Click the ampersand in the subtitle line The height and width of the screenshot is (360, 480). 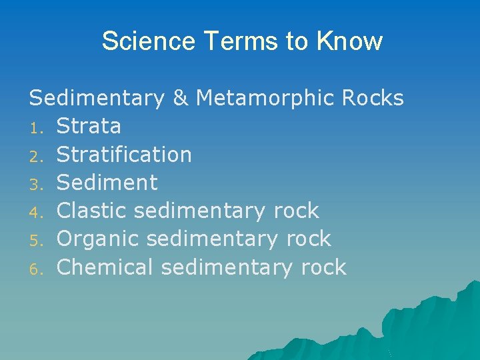coord(180,98)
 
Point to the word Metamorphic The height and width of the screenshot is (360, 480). coord(265,98)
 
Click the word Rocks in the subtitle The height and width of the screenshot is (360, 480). coord(373,98)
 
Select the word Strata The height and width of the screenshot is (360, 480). coord(89,126)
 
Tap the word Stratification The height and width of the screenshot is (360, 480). coord(124,155)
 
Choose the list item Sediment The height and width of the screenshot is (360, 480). coord(107,183)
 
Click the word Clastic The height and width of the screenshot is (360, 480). coord(93,211)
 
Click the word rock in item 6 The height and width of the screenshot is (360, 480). coord(323,267)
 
